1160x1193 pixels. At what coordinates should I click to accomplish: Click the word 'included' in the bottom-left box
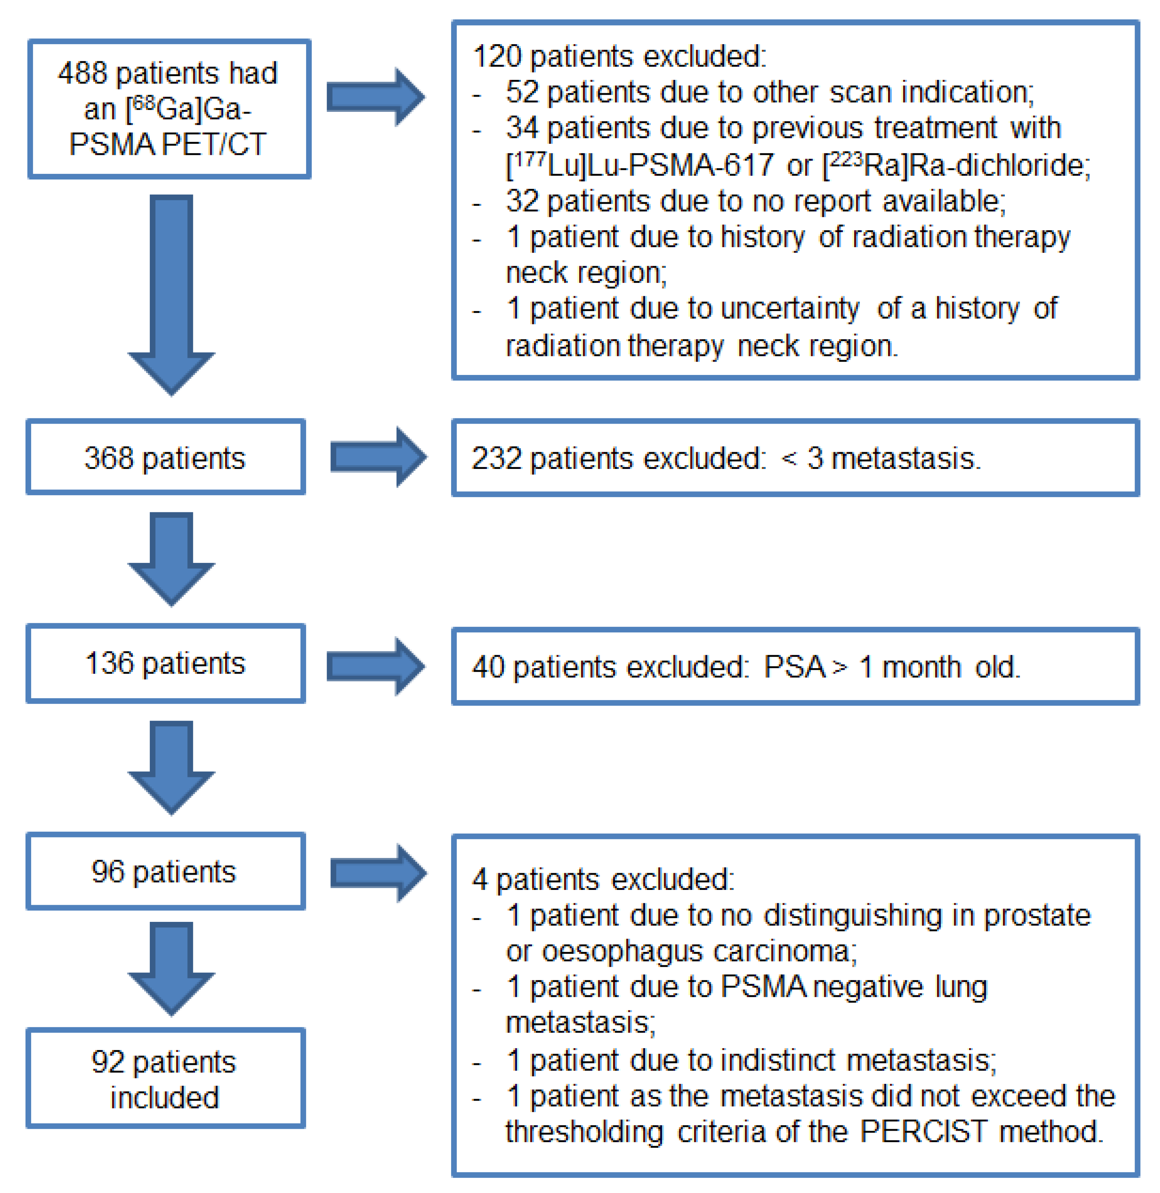[165, 1097]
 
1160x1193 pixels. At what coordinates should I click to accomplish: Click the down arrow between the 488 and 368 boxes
[171, 292]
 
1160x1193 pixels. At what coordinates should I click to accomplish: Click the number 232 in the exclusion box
[497, 458]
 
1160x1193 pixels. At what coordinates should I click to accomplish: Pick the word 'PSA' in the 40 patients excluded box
[795, 667]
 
